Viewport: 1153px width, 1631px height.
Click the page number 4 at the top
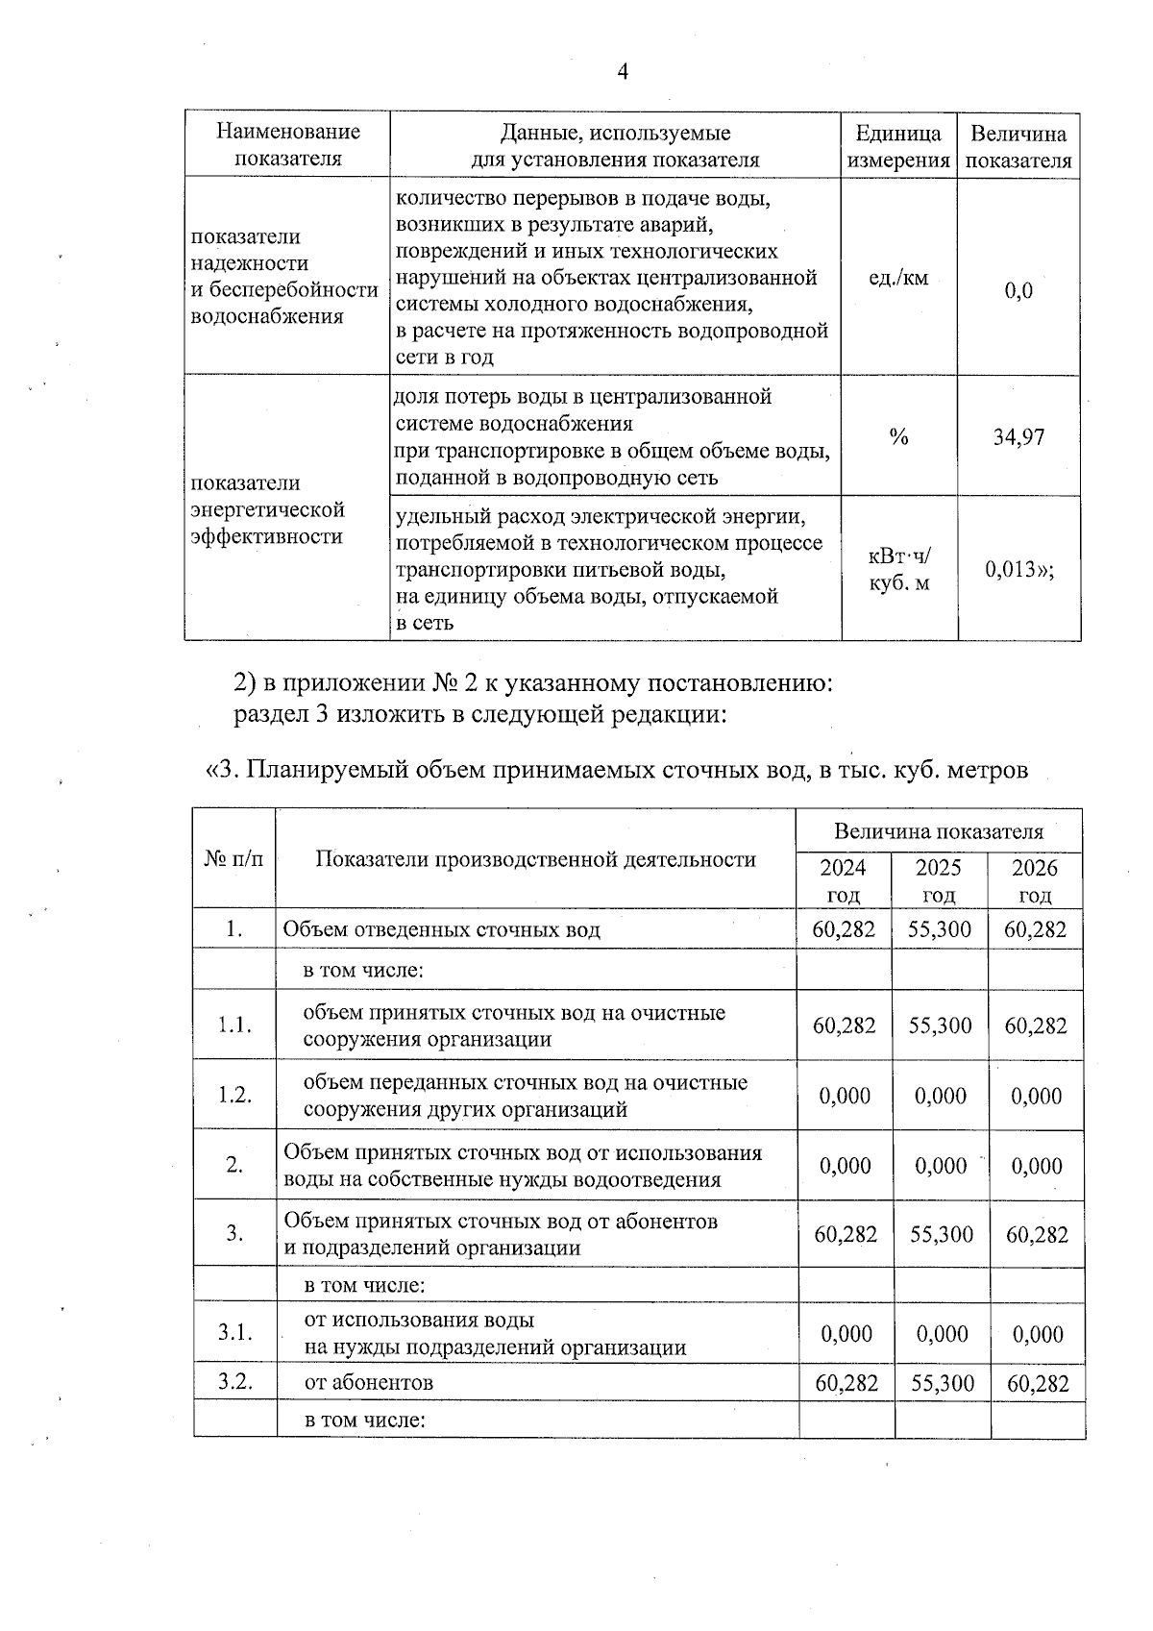(623, 72)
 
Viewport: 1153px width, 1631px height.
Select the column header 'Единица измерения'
(898, 146)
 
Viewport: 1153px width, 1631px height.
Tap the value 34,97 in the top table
(1018, 437)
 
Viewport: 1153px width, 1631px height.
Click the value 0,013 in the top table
(1019, 569)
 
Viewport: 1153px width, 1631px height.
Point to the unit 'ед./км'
(898, 279)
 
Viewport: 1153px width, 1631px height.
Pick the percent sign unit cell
(898, 437)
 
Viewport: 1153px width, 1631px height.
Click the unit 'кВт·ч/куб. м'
(899, 569)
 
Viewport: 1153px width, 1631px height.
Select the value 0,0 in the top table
(1018, 290)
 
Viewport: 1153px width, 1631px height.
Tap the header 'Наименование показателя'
(287, 145)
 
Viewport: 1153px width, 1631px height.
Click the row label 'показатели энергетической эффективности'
(267, 509)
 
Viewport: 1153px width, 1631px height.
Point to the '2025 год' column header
(939, 880)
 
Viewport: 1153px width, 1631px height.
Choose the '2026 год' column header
(1035, 880)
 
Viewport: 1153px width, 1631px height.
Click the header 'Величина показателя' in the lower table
(938, 831)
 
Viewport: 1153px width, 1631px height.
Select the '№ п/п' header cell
(234, 858)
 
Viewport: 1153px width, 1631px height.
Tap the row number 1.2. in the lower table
(234, 1095)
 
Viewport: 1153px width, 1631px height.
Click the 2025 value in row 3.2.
(942, 1383)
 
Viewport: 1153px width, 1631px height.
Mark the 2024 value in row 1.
(845, 929)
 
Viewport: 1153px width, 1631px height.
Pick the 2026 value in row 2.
(1036, 1165)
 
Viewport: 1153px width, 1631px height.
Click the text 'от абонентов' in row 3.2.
(368, 1383)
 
